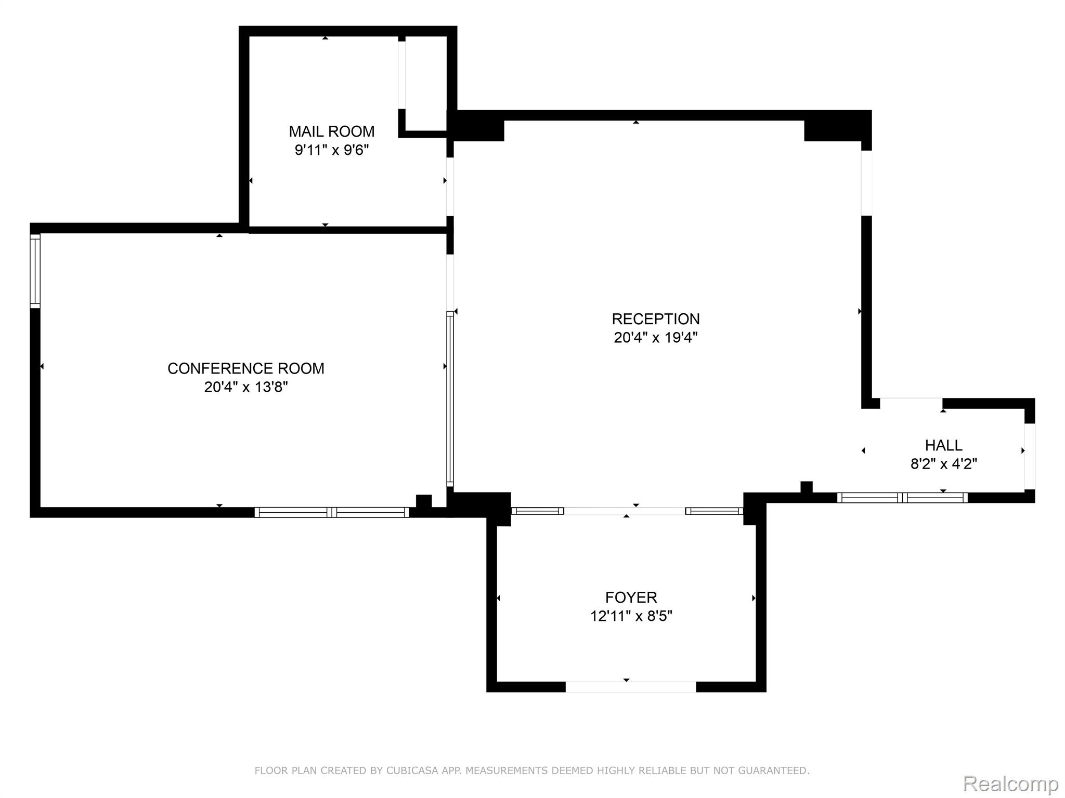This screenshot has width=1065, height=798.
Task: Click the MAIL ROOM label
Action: tap(332, 131)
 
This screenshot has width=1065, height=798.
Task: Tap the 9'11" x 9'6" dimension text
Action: tap(332, 150)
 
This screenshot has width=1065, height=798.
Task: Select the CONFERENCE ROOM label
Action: tap(246, 368)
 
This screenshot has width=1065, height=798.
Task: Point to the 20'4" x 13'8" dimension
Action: tap(246, 387)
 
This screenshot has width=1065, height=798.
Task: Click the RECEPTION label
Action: tap(656, 318)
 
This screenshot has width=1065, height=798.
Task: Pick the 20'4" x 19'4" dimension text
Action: tap(656, 338)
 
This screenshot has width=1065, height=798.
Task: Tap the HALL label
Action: tap(944, 445)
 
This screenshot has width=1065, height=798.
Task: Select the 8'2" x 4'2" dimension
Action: tap(944, 464)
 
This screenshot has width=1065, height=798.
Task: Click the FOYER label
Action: tap(631, 597)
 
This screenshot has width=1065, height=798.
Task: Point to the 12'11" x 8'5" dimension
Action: tap(631, 616)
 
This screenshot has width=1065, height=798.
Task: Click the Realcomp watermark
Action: tap(1011, 783)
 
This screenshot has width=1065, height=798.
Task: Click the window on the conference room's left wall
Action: tap(35, 271)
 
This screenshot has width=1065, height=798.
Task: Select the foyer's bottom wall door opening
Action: tap(631, 687)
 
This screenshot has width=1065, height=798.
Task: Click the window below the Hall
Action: tap(902, 498)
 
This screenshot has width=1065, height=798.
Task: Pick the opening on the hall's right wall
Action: tap(1030, 457)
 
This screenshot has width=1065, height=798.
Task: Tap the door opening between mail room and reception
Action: tap(450, 187)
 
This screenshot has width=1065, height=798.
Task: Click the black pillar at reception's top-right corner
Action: tap(838, 126)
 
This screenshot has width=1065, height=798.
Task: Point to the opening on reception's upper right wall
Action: tap(867, 183)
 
